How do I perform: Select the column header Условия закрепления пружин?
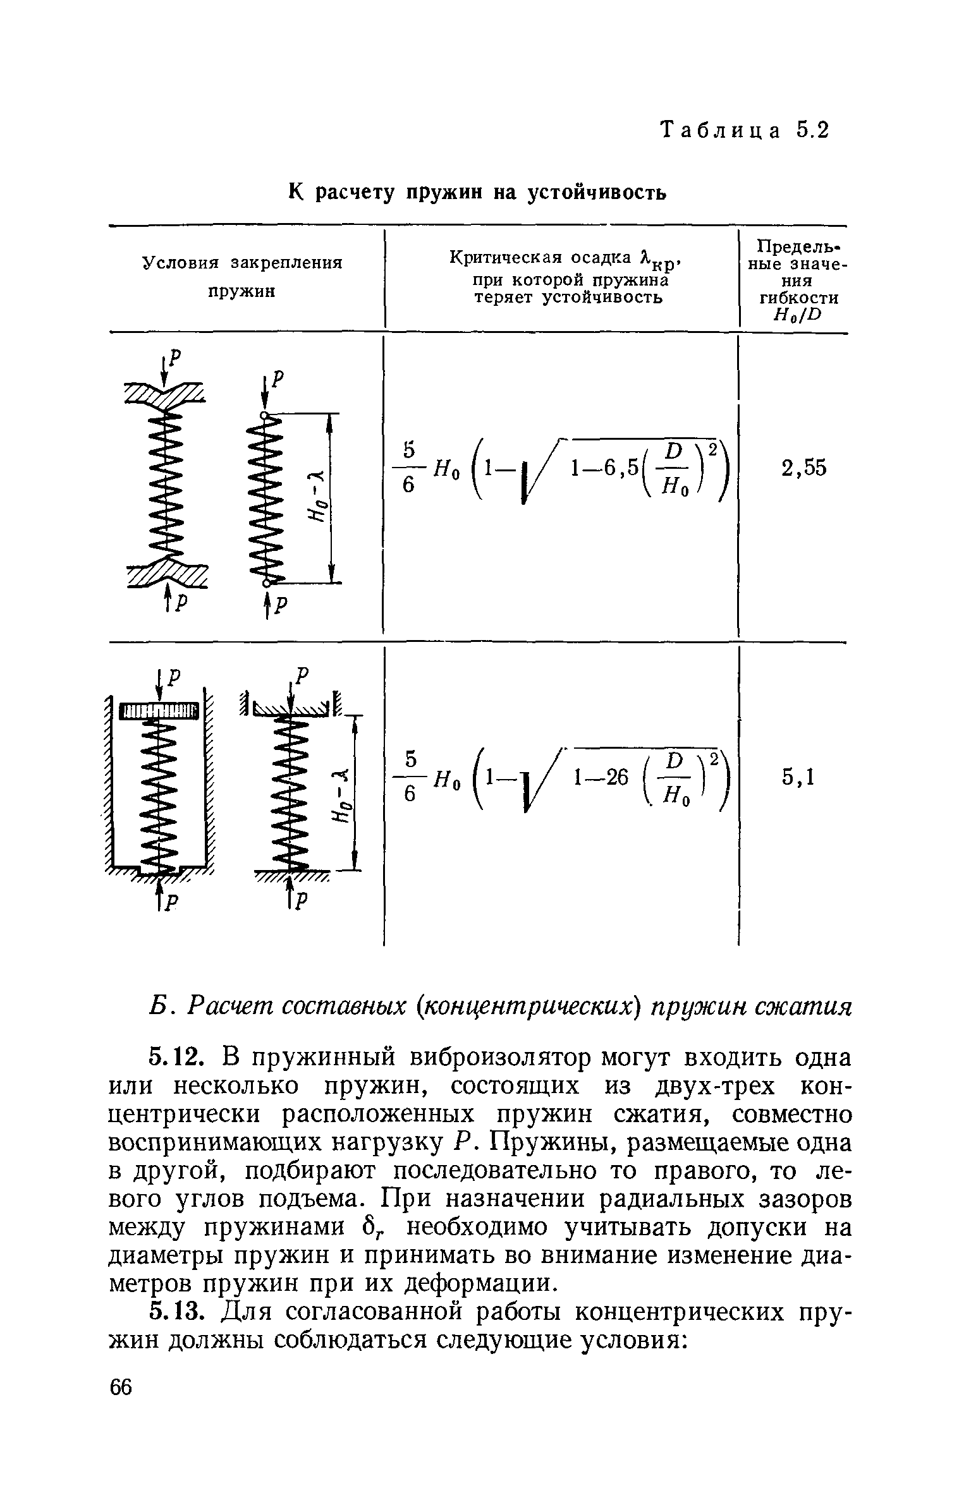[242, 277]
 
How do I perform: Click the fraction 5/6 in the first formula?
[408, 468]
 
